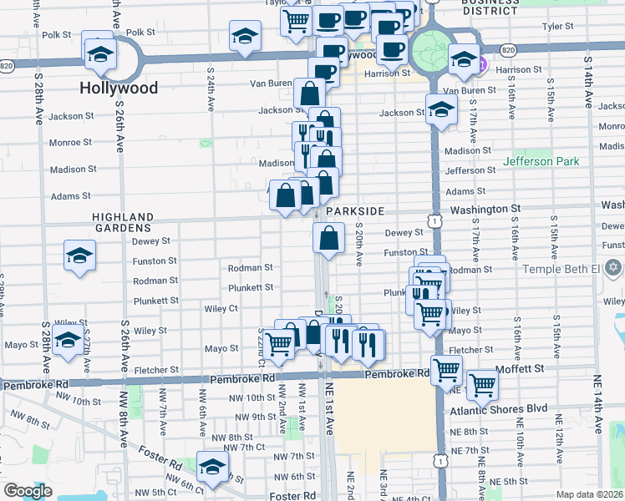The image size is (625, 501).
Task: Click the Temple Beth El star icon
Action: pos(614,269)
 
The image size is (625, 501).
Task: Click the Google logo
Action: pos(28,491)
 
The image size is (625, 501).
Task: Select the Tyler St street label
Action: pos(552,27)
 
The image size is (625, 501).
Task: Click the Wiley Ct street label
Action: pos(221,308)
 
